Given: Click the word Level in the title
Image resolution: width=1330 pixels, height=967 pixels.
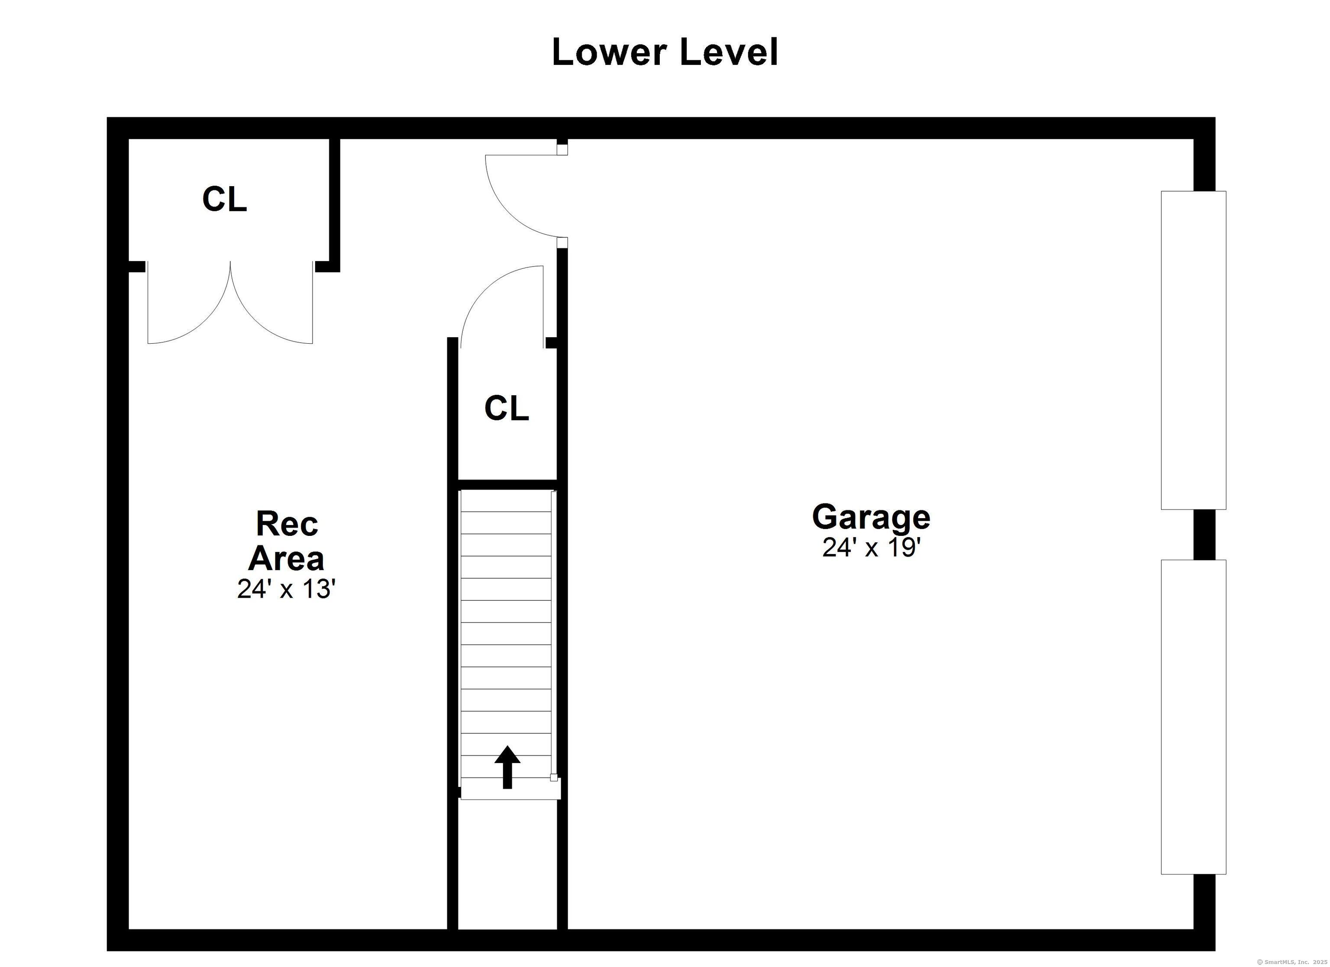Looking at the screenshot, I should (x=729, y=52).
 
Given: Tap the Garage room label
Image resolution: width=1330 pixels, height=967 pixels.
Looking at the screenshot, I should (x=871, y=517).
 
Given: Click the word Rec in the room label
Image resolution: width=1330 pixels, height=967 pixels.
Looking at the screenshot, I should (x=287, y=524).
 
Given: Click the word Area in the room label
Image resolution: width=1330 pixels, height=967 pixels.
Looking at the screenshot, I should (x=286, y=558).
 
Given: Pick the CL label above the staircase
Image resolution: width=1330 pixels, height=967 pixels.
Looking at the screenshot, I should (x=507, y=408).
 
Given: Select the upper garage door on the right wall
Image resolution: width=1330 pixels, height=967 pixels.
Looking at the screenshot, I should (x=1193, y=350).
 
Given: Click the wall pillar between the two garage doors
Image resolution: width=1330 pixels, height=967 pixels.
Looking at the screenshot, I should (x=1204, y=534).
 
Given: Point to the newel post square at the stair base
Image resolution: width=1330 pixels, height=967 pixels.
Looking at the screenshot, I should (x=553, y=777).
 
